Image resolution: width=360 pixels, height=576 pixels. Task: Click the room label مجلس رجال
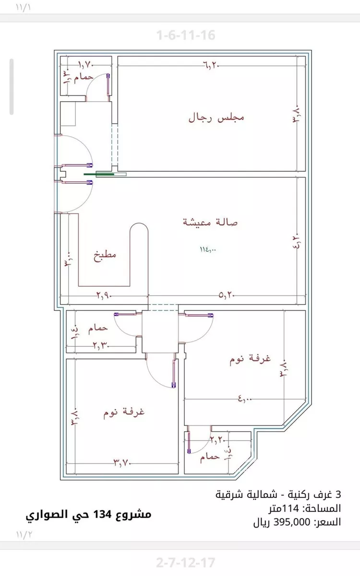(216, 118)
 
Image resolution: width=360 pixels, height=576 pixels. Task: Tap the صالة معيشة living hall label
(211, 222)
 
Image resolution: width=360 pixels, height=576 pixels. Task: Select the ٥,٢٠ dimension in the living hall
(227, 296)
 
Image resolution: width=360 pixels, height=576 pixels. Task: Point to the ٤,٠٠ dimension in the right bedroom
(245, 398)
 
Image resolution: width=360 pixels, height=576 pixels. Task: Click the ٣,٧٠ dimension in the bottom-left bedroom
(122, 463)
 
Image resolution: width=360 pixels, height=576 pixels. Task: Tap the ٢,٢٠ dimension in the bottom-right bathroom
(217, 439)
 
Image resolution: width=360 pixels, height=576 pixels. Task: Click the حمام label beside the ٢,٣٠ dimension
(98, 329)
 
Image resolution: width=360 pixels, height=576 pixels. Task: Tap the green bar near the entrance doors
(99, 175)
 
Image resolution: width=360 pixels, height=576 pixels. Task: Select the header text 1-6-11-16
(186, 35)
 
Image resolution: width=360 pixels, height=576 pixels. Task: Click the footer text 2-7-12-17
(186, 562)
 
